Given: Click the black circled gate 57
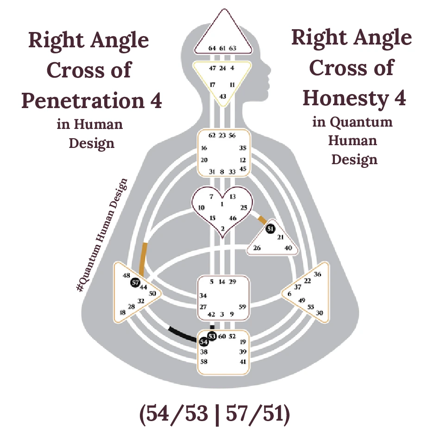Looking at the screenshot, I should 135,283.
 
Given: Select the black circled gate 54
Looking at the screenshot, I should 203,342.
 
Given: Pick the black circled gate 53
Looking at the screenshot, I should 212,336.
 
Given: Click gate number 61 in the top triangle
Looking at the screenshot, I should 223,48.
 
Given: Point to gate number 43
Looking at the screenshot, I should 223,96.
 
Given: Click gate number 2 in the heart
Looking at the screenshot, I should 222,228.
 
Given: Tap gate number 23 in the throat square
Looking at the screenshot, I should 222,135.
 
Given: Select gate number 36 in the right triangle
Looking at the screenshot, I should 317,274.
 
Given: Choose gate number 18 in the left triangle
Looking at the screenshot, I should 123,313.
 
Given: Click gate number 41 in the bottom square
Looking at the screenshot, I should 243,361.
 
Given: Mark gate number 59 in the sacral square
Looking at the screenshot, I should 243,307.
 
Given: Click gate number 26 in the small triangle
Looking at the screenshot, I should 257,248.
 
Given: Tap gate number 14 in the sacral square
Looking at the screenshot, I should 222,281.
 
